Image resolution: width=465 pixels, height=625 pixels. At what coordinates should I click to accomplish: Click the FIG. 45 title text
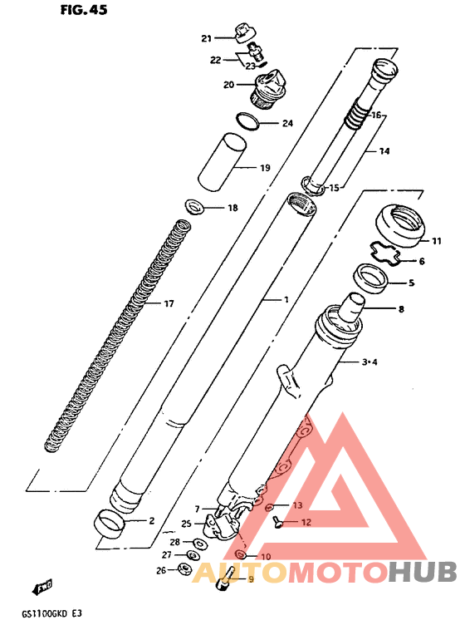[x=84, y=10]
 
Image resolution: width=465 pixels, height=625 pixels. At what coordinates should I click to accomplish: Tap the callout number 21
[x=206, y=38]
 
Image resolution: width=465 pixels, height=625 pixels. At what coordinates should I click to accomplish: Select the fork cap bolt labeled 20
[x=267, y=89]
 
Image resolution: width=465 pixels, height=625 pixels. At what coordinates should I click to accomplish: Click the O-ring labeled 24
[x=247, y=121]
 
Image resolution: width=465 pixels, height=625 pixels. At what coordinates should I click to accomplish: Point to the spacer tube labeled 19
[x=223, y=161]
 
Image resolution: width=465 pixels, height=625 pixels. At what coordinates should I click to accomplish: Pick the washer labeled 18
[x=194, y=206]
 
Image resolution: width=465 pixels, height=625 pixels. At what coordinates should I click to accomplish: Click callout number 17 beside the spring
[x=169, y=303]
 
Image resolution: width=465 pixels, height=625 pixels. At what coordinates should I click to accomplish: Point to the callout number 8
[x=401, y=309]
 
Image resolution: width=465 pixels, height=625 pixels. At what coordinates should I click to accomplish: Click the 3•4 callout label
[x=370, y=362]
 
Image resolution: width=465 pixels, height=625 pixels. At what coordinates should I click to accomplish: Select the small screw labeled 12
[x=278, y=522]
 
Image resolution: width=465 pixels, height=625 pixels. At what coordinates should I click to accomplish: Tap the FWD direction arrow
[x=42, y=587]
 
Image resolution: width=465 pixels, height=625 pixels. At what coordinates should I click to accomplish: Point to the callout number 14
[x=384, y=151]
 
